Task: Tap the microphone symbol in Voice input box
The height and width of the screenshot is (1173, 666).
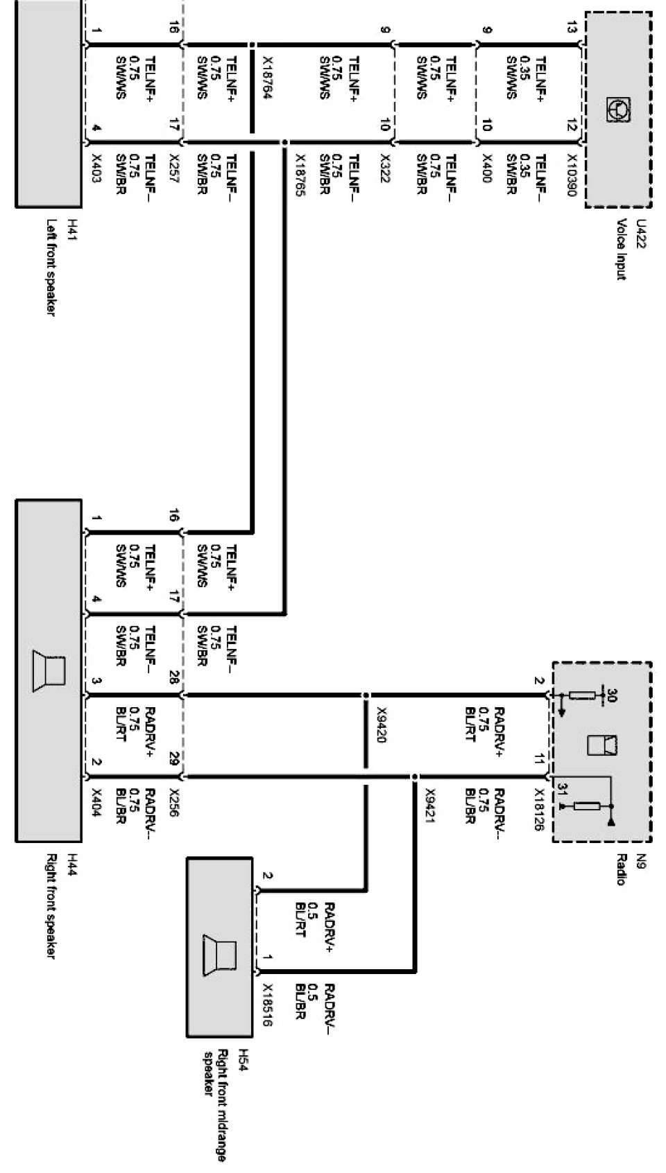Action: (x=617, y=110)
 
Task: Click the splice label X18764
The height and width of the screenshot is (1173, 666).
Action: (x=266, y=77)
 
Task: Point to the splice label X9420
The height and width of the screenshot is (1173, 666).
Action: (x=381, y=725)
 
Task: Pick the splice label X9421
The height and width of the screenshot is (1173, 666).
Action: (x=429, y=806)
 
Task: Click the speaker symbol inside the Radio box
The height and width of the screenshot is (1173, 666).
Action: (x=602, y=745)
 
